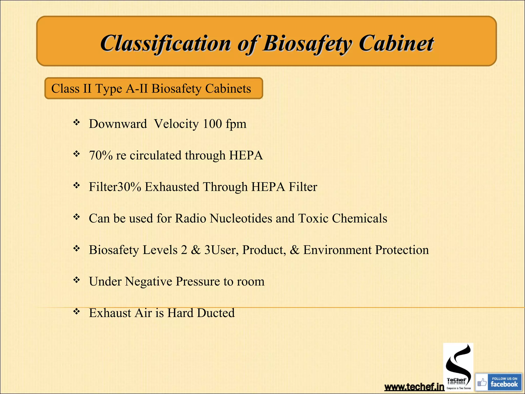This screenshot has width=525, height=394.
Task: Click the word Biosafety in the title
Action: coord(307,43)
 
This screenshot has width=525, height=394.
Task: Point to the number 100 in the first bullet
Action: coord(212,124)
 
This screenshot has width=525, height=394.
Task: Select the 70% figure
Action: coord(100,155)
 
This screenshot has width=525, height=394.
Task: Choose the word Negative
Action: coord(148,281)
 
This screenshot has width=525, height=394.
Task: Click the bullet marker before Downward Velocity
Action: coord(76,122)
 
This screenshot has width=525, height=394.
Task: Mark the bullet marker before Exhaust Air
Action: coord(76,311)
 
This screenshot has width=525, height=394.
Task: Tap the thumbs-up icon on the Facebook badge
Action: coord(482,383)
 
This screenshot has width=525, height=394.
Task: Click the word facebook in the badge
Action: coord(504,384)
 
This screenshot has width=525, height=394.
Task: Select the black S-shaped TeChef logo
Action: coord(458,364)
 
